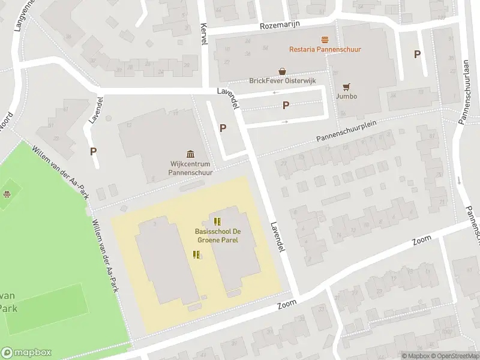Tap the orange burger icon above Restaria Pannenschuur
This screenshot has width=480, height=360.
click(x=325, y=40)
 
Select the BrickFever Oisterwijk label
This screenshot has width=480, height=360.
click(x=282, y=80)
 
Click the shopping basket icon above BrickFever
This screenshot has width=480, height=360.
click(x=282, y=71)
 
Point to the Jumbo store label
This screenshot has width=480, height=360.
click(x=346, y=96)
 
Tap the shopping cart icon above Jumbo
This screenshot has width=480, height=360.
click(x=346, y=86)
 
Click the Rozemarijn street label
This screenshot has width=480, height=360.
click(x=280, y=25)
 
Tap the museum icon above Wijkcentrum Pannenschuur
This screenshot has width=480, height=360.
click(x=190, y=154)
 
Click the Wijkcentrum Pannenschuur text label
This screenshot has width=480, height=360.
click(x=190, y=167)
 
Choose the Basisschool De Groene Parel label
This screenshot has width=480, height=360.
click(x=217, y=235)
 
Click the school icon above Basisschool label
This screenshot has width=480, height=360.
click(x=217, y=221)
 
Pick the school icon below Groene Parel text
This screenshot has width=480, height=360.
click(x=196, y=254)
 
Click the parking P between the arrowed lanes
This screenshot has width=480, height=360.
click(x=286, y=106)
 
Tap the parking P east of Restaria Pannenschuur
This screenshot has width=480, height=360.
click(x=417, y=54)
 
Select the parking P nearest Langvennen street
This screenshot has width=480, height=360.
click(x=93, y=151)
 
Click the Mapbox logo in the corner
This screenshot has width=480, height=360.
click(x=26, y=353)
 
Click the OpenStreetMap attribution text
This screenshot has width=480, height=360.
click(x=453, y=356)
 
